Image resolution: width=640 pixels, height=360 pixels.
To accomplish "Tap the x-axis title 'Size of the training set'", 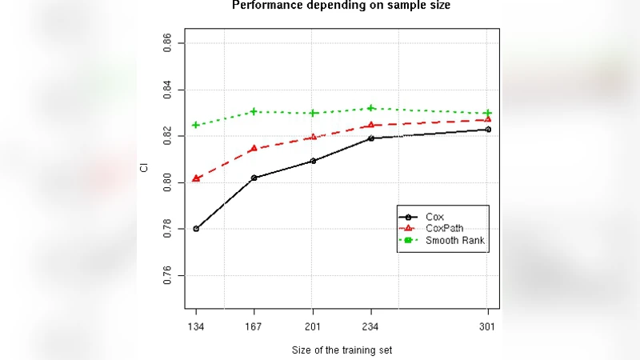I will tap(342, 350).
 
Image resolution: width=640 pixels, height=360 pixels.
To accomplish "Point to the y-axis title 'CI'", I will tap(144, 168).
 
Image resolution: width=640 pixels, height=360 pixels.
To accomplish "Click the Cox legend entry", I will tap(435, 217).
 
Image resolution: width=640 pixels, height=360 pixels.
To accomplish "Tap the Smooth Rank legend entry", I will tap(455, 240).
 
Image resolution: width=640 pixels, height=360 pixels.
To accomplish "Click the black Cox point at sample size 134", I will tap(196, 229).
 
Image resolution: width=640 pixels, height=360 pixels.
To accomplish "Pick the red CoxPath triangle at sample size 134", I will tap(196, 178).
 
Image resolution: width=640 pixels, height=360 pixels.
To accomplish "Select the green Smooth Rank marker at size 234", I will tap(370, 108).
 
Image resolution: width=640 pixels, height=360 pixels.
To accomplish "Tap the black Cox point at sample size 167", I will tap(254, 178).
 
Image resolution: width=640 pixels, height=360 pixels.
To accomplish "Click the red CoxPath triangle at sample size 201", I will tap(312, 137).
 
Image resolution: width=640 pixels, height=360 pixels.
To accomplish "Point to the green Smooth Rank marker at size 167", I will tap(254, 111).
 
